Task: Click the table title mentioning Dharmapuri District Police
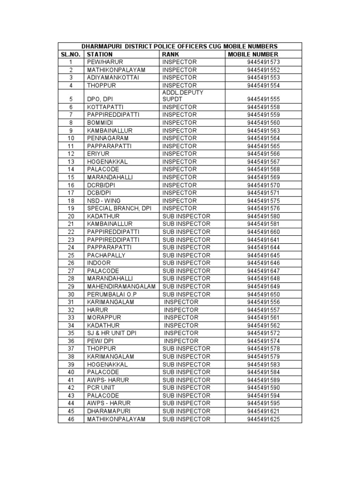(x=180, y=46)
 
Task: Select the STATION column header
(x=100, y=54)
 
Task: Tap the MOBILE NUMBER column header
(x=253, y=54)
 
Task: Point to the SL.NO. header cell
(x=71, y=54)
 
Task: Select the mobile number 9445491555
(x=263, y=99)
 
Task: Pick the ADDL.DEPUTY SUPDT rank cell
(x=183, y=96)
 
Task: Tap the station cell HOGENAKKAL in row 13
(x=107, y=162)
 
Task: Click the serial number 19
(x=71, y=208)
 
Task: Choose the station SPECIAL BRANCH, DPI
(x=120, y=208)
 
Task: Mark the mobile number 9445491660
(x=263, y=232)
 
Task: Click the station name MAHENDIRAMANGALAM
(x=121, y=286)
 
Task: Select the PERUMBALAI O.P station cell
(x=112, y=294)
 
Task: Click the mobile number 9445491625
(x=263, y=419)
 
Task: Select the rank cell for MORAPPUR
(x=181, y=318)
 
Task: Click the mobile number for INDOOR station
(x=263, y=263)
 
